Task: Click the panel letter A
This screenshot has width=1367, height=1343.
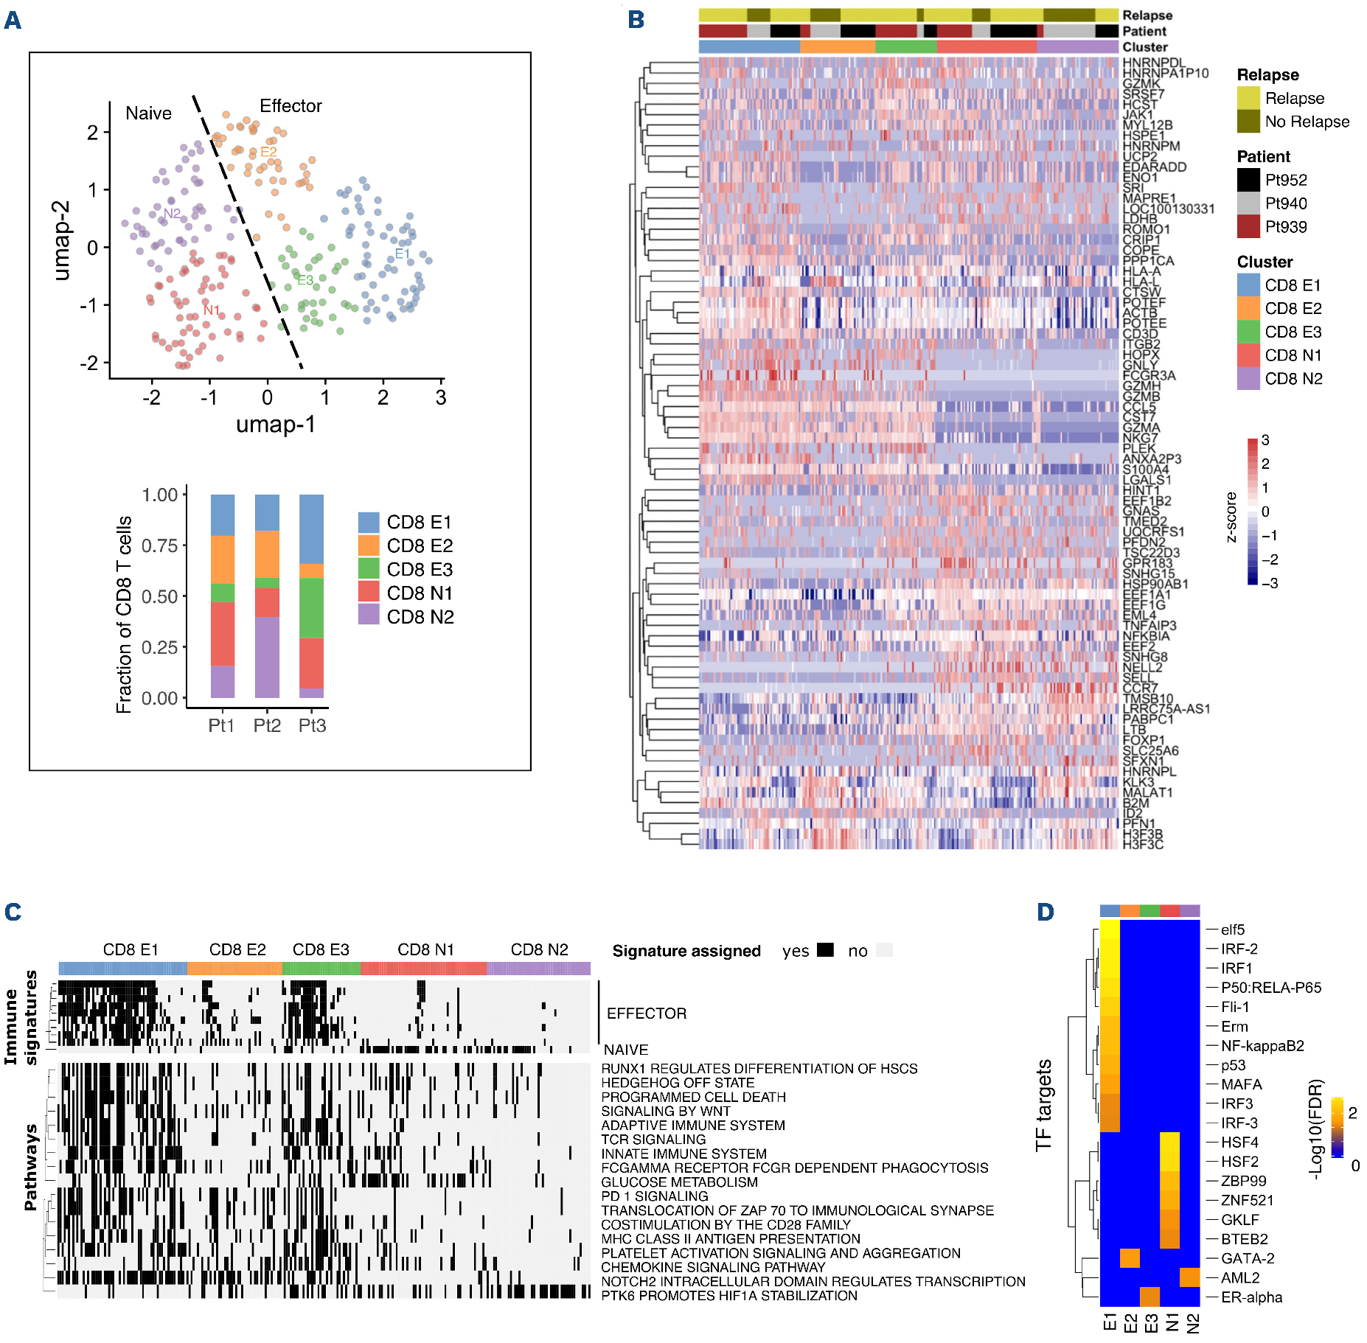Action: (13, 21)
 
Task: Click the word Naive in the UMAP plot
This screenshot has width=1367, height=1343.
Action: (148, 114)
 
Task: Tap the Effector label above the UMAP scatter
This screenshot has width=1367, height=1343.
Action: (291, 106)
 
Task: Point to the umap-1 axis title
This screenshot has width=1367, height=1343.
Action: (275, 425)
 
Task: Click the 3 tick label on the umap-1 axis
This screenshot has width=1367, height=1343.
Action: (441, 398)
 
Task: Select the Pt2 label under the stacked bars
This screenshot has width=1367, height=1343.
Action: (267, 726)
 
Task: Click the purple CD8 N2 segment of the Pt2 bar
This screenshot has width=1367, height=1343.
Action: (267, 657)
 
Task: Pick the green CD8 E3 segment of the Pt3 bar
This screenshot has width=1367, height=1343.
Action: (311, 607)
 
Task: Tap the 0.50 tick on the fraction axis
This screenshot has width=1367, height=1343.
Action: (159, 596)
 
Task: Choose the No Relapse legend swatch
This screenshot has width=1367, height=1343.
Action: (1248, 122)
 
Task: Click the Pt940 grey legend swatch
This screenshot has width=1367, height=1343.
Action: (1248, 203)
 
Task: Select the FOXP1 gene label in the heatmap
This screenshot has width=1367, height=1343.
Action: (1144, 740)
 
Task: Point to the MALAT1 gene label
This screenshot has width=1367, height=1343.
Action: (1147, 792)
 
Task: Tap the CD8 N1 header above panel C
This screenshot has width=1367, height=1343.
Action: (425, 949)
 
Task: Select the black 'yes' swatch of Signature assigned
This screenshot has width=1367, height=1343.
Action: (825, 950)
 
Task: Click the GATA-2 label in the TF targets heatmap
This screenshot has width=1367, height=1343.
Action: (1248, 1258)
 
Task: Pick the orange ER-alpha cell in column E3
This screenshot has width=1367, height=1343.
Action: (1149, 1297)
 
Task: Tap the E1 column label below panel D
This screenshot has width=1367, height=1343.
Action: (1110, 1322)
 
